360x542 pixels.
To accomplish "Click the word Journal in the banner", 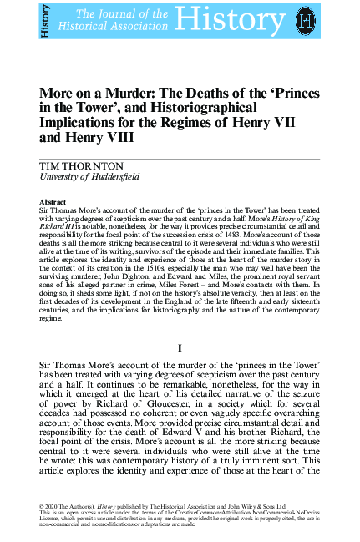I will coord(115,14).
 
